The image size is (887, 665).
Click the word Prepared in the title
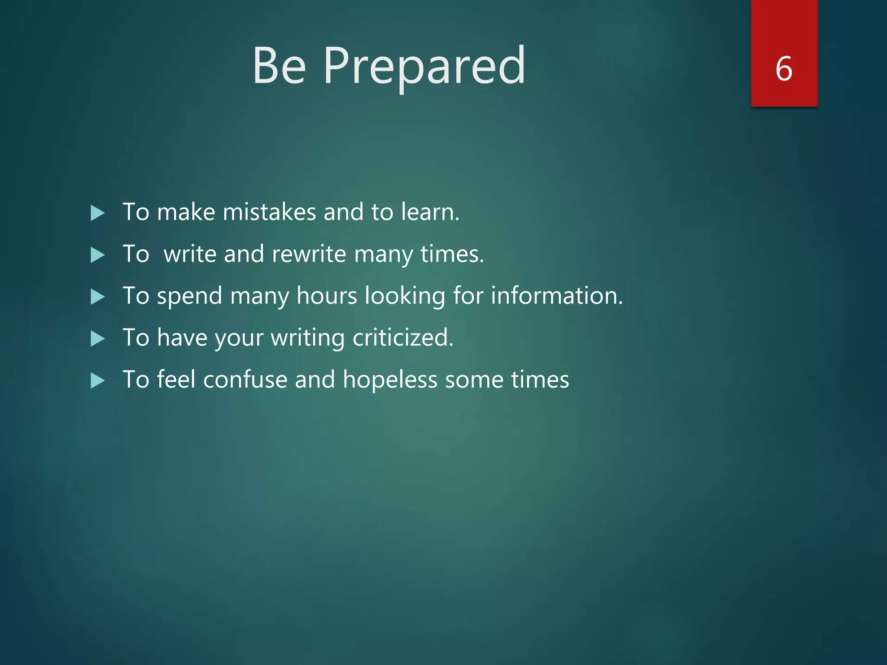(424, 66)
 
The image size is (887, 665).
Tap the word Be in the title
(280, 66)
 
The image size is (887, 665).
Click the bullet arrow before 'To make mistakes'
(97, 213)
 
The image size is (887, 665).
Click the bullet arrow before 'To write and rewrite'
(97, 255)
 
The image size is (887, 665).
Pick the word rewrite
(309, 254)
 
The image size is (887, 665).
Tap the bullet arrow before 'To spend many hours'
(97, 297)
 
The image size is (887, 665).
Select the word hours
(333, 296)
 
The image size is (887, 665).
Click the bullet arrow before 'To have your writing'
(97, 339)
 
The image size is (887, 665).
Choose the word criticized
(402, 338)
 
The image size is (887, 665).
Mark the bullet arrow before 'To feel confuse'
(97, 381)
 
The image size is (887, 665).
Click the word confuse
(245, 380)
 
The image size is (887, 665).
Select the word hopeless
(390, 380)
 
